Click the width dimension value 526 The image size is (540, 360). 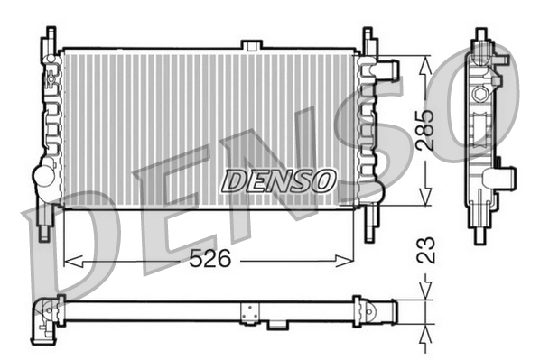coord(209,260)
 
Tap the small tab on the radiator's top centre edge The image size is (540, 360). coord(252,44)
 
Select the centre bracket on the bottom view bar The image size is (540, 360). coord(247,311)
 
